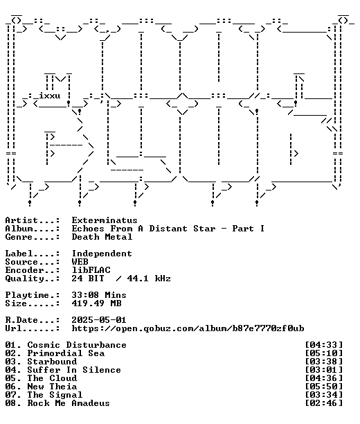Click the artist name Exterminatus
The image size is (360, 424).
[x=105, y=220]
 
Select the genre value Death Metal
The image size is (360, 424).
[x=102, y=237]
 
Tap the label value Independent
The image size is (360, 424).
[x=102, y=254]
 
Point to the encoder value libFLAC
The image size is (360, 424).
[x=91, y=270]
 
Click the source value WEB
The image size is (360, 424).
[x=80, y=262]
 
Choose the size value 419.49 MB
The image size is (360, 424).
[x=96, y=303]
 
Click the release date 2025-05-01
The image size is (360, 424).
[x=99, y=320]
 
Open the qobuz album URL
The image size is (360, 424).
[x=188, y=328]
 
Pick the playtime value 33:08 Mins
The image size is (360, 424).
[x=99, y=295]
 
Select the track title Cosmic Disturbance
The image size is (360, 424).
[x=77, y=345]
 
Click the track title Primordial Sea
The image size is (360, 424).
[x=66, y=353]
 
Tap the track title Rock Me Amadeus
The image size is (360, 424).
[x=69, y=403]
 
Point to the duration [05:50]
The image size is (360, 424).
[x=324, y=387]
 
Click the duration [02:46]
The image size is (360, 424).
[x=324, y=403]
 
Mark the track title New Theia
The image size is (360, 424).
[x=52, y=387]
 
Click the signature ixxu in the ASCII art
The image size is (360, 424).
[x=49, y=96]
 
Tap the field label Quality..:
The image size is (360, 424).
[x=33, y=279]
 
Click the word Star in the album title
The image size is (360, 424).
[x=204, y=229]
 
